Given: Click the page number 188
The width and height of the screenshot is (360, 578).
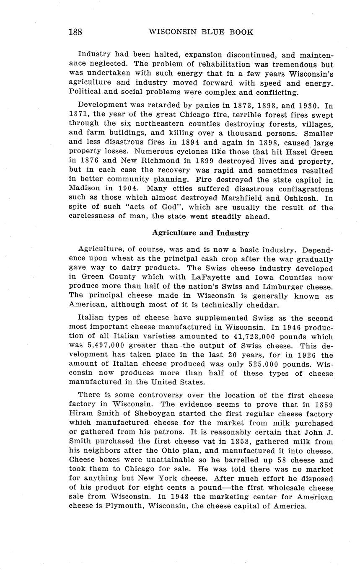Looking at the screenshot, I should pos(75,32).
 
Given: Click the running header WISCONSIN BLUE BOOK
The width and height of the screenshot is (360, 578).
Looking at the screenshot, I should pos(201,32).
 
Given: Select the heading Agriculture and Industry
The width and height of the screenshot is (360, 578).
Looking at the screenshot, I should pos(200,233).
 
